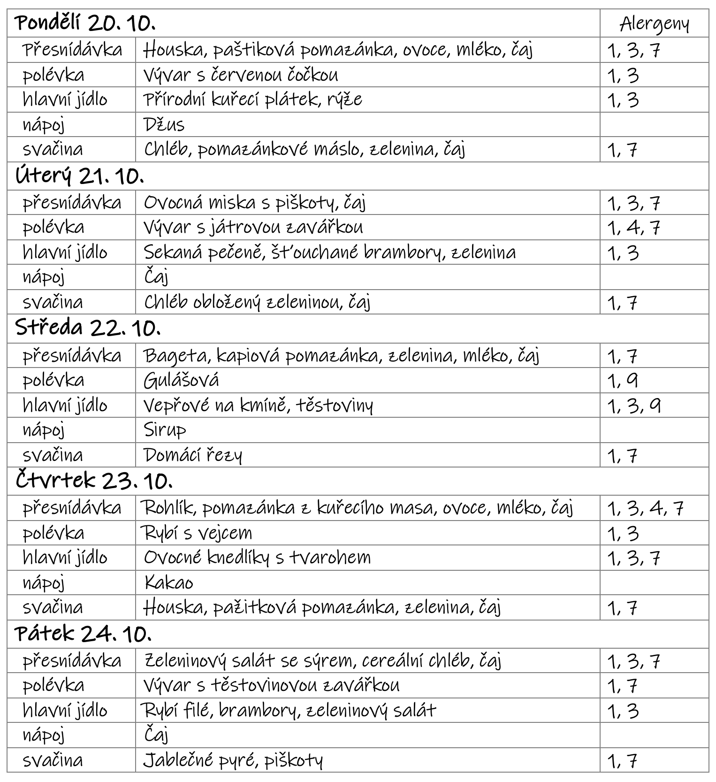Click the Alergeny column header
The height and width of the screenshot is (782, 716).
tap(654, 23)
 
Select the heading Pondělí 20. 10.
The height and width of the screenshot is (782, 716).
tap(85, 23)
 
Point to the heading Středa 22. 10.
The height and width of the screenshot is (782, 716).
tap(88, 328)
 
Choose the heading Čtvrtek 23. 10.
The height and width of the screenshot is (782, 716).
tap(94, 480)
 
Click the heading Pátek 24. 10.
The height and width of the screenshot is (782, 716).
tap(83, 634)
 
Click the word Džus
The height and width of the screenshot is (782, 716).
tap(164, 125)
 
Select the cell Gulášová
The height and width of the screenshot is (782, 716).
tap(181, 380)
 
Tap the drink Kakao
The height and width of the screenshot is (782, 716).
tap(168, 583)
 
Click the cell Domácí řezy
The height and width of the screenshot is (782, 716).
tap(193, 455)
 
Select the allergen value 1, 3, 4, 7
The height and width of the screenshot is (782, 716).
tap(645, 508)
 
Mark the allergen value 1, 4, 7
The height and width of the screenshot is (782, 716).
tap(634, 228)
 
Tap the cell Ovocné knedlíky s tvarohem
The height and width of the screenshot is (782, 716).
tap(257, 558)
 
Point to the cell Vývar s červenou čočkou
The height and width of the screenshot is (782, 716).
tap(241, 75)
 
